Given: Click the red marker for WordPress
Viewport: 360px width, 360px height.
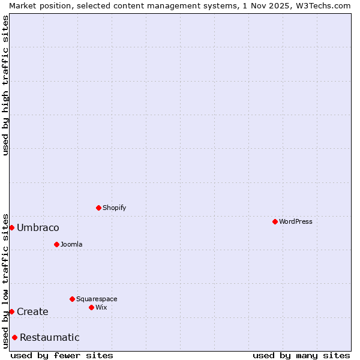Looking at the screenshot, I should point(275,221).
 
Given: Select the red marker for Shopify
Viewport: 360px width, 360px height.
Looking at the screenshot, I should point(98,208).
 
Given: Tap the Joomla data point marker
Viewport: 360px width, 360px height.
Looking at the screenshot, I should point(56,244).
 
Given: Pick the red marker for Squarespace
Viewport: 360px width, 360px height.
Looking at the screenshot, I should point(72,299).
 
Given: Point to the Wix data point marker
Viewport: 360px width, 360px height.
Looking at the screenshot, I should point(91,307).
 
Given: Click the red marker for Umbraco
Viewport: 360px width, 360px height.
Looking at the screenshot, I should point(11,227).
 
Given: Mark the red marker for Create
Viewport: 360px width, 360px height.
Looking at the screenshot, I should point(11,311).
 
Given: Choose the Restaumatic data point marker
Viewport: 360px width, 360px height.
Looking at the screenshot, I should point(14,337).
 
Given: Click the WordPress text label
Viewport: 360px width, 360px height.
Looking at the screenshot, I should point(296,221).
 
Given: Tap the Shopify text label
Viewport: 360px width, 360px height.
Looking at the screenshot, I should point(115,208).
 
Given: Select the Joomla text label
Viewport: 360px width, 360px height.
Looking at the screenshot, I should point(71,244).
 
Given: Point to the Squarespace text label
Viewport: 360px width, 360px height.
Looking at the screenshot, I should point(97,299).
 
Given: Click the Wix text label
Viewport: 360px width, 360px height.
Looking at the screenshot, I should point(101,307).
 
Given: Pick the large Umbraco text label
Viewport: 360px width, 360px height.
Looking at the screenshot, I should point(38,227).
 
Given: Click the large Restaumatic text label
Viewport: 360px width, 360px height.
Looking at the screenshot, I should point(50,337).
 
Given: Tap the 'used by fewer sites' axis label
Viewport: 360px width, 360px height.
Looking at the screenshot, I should point(62,355).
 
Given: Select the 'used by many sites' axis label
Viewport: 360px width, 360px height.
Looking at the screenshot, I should point(301,355).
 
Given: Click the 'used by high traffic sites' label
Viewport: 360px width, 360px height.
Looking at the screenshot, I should point(5,85).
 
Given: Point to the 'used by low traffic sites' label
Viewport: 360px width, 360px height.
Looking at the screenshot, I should point(5,280).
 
